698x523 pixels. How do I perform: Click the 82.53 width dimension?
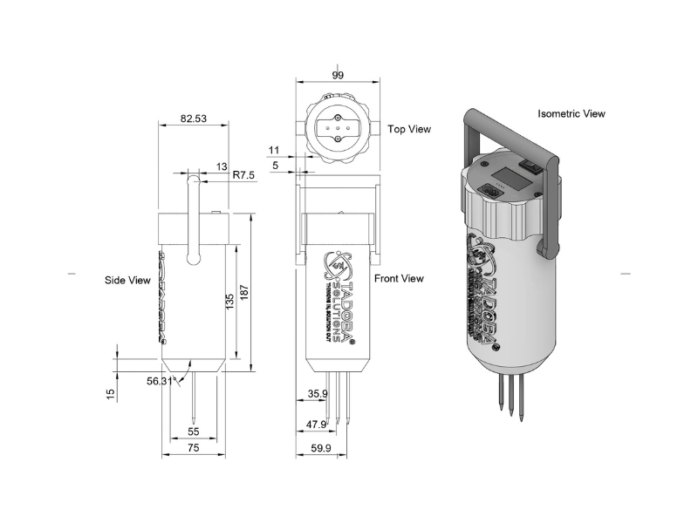tap(193, 119)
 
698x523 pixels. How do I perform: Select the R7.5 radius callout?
tap(244, 175)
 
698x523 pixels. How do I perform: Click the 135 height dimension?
tap(229, 302)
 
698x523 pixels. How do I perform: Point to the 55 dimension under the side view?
tap(193, 431)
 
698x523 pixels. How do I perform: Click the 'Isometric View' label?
tap(571, 113)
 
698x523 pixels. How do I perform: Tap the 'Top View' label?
tap(409, 129)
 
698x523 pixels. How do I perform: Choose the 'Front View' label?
tap(399, 278)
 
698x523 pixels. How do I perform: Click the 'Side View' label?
tap(127, 280)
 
